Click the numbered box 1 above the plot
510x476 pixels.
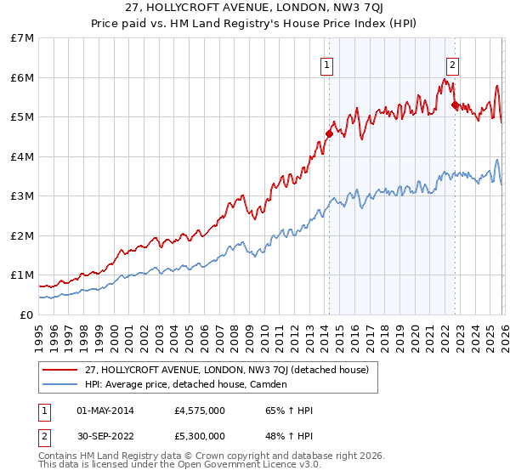pyautogui.click(x=327, y=64)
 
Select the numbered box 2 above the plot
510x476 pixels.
pyautogui.click(x=453, y=64)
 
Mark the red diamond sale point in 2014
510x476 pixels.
pyautogui.click(x=329, y=133)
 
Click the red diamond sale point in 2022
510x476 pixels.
pyautogui.click(x=455, y=105)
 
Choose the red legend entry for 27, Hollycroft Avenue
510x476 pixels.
pyautogui.click(x=226, y=370)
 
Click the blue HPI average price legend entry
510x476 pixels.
pyautogui.click(x=186, y=384)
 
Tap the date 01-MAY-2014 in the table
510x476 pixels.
pyautogui.click(x=105, y=411)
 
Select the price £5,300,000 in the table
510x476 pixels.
pyautogui.click(x=199, y=436)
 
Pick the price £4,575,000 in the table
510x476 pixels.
pyautogui.click(x=199, y=411)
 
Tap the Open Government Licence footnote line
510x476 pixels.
pyautogui.click(x=179, y=465)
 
